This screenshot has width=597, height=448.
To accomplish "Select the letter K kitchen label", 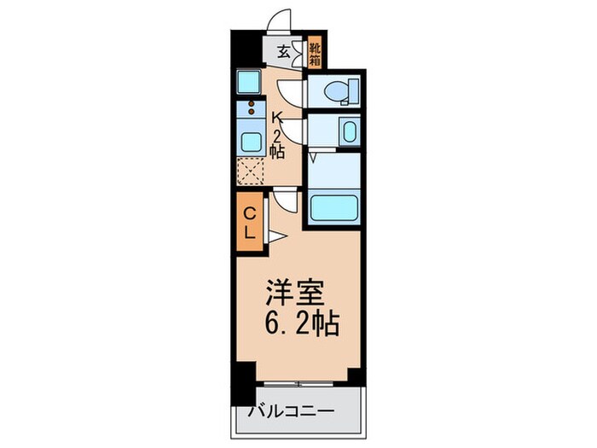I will [x=276, y=119].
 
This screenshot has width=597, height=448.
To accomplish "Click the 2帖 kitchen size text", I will [x=278, y=143].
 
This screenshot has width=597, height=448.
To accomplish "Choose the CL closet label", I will [x=252, y=221].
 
